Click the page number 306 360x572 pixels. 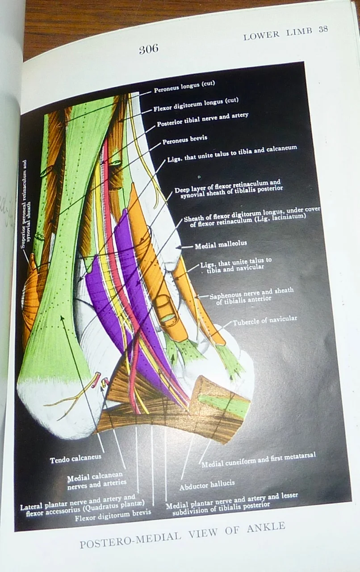pyautogui.click(x=148, y=49)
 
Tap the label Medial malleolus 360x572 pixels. pyautogui.click(x=221, y=244)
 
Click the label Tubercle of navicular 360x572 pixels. pyautogui.click(x=264, y=319)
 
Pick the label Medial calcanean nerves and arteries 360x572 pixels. pyautogui.click(x=96, y=479)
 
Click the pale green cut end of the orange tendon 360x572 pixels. pyautogui.click(x=167, y=317)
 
